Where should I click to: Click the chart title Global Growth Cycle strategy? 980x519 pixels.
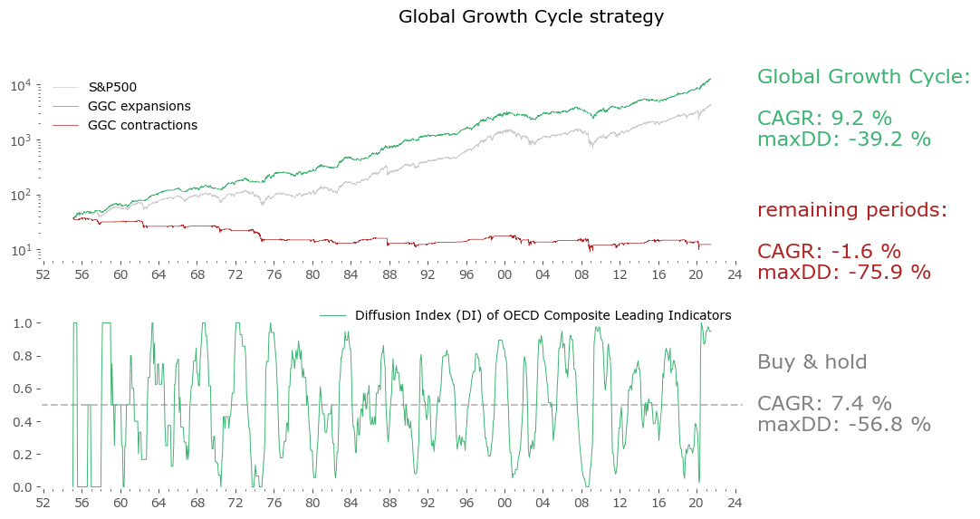[531, 17]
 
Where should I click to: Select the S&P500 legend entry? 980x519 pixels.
[112, 88]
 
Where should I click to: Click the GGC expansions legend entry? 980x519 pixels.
[139, 107]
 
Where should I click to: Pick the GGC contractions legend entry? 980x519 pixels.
[142, 126]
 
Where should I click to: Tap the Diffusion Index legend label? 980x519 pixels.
[543, 315]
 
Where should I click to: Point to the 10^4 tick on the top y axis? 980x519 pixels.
[21, 85]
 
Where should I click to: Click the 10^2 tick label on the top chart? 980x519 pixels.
[21, 195]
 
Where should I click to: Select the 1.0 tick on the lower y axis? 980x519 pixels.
[23, 323]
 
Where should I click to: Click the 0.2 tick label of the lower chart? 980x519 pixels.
[23, 455]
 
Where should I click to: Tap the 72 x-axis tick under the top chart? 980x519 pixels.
[235, 273]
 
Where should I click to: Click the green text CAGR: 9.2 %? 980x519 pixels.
[824, 119]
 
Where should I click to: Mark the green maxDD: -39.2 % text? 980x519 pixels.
[843, 139]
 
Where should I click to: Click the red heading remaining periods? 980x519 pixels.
[851, 210]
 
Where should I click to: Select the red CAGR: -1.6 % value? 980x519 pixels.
[829, 252]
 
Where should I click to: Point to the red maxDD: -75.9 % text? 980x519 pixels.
[843, 272]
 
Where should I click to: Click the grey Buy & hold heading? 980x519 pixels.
[812, 362]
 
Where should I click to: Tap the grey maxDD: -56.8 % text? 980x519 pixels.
[843, 424]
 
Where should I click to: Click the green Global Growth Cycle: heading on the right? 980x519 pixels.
[863, 77]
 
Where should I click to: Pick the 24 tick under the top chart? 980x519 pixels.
[735, 273]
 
